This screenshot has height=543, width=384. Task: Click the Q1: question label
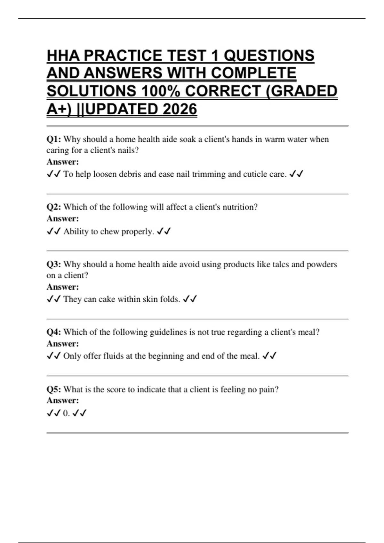(54, 139)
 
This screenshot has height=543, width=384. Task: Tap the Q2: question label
(54, 207)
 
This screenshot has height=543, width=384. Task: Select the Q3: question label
(54, 264)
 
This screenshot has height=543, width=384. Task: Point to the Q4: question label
(54, 332)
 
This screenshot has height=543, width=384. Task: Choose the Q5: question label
(54, 389)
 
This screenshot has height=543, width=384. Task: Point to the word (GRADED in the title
(301, 91)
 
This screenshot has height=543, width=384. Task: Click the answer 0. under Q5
(66, 413)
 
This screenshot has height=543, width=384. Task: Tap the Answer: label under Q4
(63, 344)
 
